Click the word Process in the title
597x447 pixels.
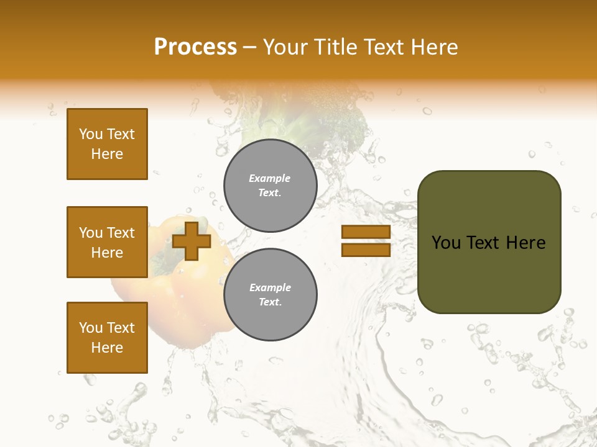(x=195, y=47)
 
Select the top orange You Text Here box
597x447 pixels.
(x=107, y=144)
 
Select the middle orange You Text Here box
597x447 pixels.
(x=107, y=242)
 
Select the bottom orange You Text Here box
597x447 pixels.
(x=107, y=338)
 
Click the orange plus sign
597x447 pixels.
(x=192, y=241)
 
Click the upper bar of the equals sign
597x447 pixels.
(x=366, y=232)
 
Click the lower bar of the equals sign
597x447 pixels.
(x=366, y=250)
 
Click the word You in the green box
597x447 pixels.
(x=446, y=243)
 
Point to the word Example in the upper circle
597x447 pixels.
(x=270, y=178)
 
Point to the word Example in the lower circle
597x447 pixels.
(x=270, y=287)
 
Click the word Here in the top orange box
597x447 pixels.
(x=107, y=154)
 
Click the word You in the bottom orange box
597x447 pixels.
(x=91, y=328)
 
